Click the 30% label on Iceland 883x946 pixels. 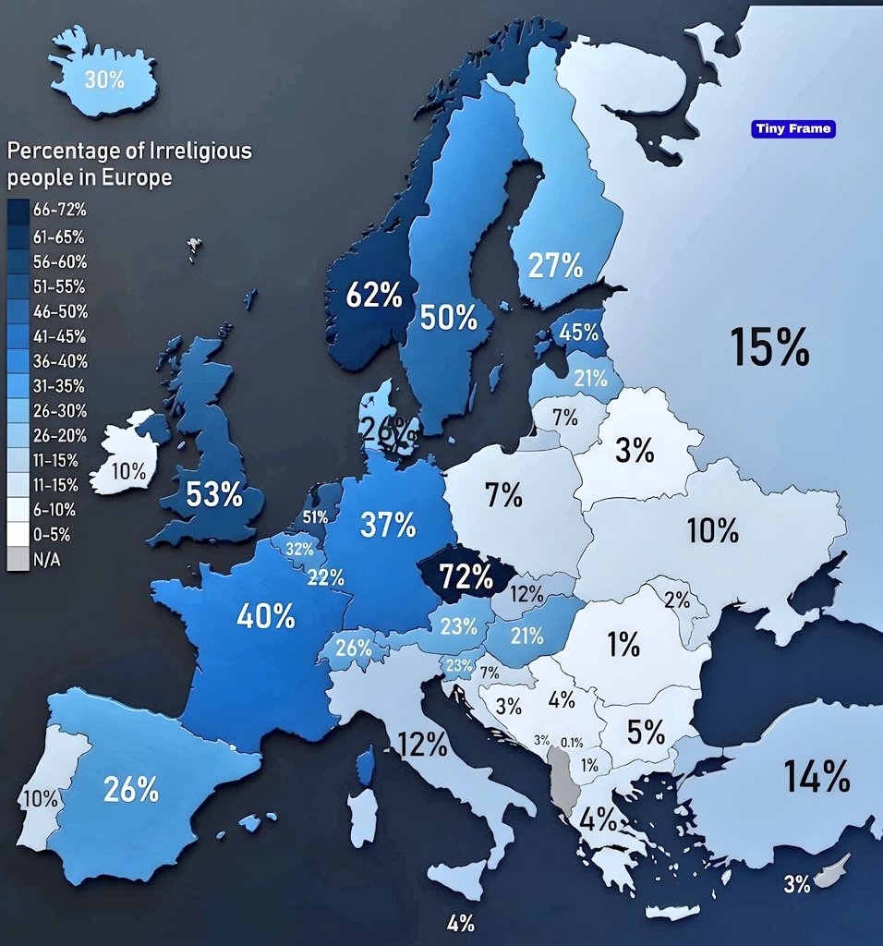tap(103, 80)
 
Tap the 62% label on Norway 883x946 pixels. tap(373, 297)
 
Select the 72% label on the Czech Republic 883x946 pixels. tap(466, 577)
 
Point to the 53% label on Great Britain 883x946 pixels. tap(213, 494)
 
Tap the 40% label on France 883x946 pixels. tap(265, 616)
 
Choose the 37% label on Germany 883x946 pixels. tap(388, 525)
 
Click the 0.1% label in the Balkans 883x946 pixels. tap(572, 742)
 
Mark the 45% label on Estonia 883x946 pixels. tap(579, 333)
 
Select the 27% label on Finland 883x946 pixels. tap(555, 266)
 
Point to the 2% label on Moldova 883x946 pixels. tap(677, 599)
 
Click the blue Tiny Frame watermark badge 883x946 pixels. tap(792, 129)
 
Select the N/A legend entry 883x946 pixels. tap(48, 559)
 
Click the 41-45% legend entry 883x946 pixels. tap(58, 335)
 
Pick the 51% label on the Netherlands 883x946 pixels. tap(315, 516)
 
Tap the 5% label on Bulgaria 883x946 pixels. tap(646, 733)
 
